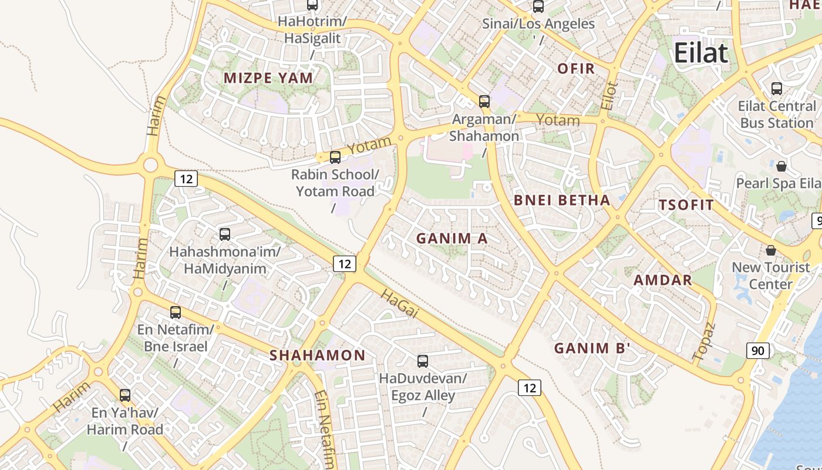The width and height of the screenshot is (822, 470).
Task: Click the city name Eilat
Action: coord(700,53)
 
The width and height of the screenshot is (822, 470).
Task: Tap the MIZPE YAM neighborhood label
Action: coord(268,78)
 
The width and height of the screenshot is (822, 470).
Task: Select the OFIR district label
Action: coord(576,68)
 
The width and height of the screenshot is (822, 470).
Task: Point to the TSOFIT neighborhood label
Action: coord(686,205)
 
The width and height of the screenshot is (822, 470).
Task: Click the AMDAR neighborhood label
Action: coord(663,280)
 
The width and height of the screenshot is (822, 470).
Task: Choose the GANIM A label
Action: coord(452,238)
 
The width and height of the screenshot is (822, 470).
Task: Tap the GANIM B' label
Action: coord(592,348)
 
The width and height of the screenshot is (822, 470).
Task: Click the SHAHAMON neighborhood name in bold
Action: coord(317,355)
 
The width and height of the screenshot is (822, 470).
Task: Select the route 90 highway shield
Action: coord(757,351)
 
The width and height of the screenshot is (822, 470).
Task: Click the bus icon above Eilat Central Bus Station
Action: coord(777,89)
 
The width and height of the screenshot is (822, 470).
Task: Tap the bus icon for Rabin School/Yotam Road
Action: coord(335,157)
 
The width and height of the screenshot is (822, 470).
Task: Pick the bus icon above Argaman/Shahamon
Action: coord(484,101)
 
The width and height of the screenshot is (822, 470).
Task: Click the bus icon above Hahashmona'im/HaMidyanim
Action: coord(225,234)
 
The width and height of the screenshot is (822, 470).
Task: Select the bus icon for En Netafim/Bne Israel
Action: coord(176,312)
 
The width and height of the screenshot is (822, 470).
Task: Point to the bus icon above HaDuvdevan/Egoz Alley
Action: coord(423,361)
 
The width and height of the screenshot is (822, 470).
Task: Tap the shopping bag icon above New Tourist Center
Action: coord(771,250)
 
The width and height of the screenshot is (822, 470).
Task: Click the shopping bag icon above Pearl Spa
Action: coord(781,166)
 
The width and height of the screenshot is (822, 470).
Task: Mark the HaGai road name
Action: coord(399,304)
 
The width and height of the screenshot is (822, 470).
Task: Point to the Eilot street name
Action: coord(609,96)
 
